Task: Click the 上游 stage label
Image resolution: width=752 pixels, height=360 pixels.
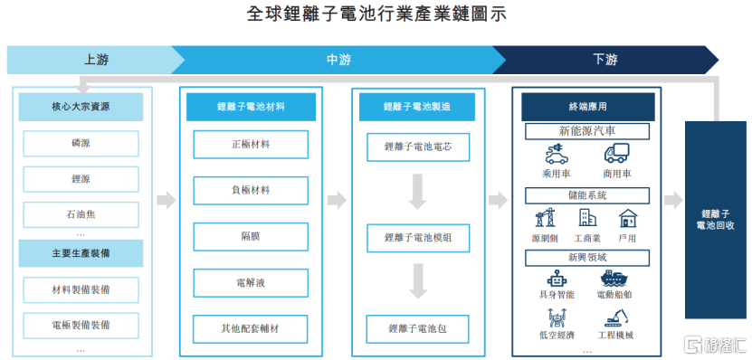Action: [97, 60]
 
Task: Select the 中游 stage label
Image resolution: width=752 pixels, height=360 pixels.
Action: [339, 60]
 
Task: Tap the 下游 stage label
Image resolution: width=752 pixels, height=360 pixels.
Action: [605, 60]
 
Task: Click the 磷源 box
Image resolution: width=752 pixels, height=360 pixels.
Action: [81, 143]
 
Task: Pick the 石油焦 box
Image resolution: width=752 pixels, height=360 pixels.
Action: [81, 214]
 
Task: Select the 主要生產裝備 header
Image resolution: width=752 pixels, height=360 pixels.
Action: [81, 253]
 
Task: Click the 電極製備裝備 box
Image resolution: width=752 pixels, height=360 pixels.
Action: [81, 326]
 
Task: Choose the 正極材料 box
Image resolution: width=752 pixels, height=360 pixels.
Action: [251, 145]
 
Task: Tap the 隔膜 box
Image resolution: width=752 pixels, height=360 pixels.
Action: [251, 237]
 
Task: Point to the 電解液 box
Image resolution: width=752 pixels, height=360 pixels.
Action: [251, 283]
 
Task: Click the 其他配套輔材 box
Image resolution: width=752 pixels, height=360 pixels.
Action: [251, 329]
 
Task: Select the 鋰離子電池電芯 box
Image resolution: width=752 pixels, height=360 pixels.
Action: [418, 147]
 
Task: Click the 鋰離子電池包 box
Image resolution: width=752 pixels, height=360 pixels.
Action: [418, 329]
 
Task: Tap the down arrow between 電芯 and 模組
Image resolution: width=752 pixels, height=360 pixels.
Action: [418, 192]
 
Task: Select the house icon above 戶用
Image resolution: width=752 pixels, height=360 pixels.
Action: [628, 218]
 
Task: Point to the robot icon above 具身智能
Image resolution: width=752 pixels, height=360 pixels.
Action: [557, 279]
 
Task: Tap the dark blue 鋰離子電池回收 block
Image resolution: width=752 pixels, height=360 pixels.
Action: [716, 220]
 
